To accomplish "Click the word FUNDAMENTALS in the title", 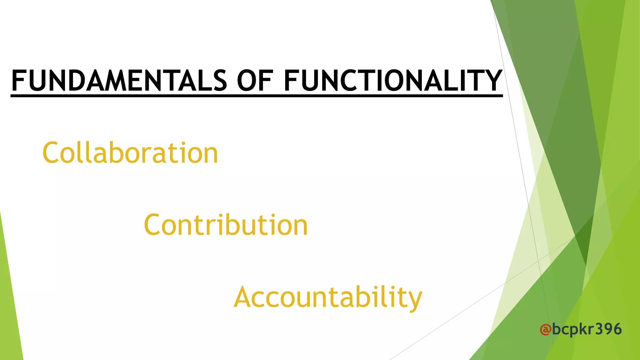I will [119, 81].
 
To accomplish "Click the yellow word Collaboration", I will [130, 153].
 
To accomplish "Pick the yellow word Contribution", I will [226, 225].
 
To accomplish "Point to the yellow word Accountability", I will [328, 297].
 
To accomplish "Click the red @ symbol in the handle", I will [545, 329].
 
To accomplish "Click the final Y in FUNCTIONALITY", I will [492, 81].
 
